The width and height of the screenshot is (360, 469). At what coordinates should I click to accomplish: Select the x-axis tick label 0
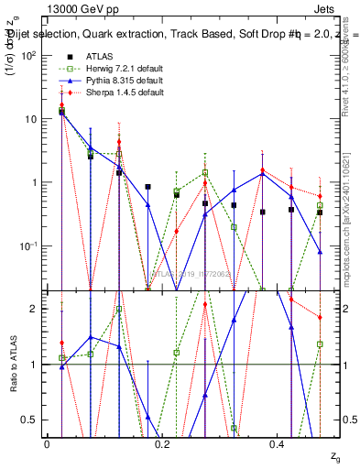point(47,444)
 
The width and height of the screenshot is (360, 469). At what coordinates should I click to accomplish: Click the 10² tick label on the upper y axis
point(28,55)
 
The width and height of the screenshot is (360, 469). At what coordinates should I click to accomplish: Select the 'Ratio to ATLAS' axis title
point(12,365)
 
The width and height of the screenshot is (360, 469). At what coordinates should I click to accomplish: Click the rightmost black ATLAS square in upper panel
point(320,213)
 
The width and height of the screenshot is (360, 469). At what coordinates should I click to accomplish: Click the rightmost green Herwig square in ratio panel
point(320,344)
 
